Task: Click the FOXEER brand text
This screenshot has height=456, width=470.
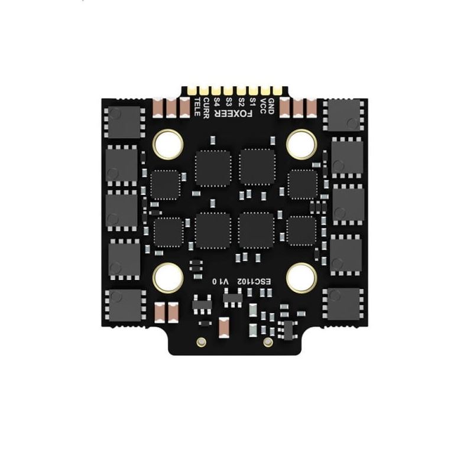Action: tap(233, 114)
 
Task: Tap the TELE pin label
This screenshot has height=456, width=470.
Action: tap(197, 107)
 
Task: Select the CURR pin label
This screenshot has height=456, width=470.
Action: tap(206, 108)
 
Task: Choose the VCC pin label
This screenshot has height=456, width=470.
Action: tap(263, 106)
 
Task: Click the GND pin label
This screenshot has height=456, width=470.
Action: tap(271, 106)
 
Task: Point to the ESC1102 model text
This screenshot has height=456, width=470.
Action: tap(254, 282)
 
